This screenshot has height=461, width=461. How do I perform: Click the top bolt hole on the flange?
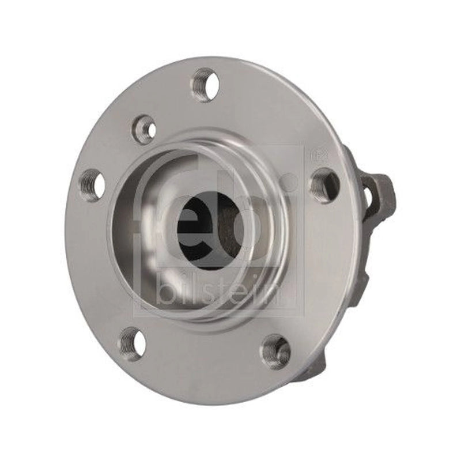(x=207, y=85)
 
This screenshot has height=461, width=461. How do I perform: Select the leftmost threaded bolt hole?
(x=93, y=185)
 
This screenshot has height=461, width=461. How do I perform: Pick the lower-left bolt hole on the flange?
(x=131, y=343)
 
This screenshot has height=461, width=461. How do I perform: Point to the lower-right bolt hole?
(x=276, y=352)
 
